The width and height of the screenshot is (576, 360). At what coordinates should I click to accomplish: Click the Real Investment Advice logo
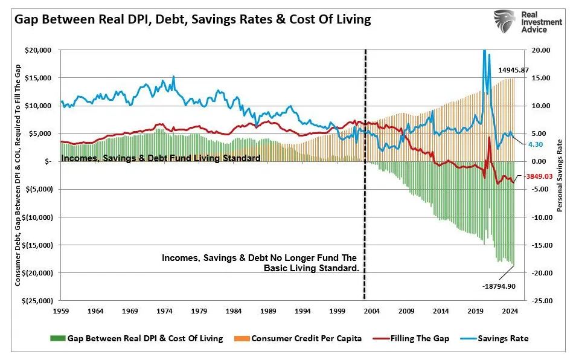pyautogui.click(x=526, y=22)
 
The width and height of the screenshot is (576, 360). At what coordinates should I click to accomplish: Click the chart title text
pyautogui.click(x=192, y=20)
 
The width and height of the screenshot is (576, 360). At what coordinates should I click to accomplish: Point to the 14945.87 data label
pyautogui.click(x=513, y=70)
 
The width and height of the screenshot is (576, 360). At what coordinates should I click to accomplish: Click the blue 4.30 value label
pyautogui.click(x=536, y=145)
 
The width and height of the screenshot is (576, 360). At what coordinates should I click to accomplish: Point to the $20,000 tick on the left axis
pyautogui.click(x=37, y=50)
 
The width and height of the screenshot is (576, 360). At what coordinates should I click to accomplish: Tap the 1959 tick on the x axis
pyautogui.click(x=61, y=312)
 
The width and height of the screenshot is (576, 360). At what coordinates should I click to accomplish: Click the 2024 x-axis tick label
pyautogui.click(x=509, y=312)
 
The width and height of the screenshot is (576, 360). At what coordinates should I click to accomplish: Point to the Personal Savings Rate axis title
pyautogui.click(x=560, y=175)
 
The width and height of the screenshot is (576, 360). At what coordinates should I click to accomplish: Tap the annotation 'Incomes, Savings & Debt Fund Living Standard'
pyautogui.click(x=161, y=158)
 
